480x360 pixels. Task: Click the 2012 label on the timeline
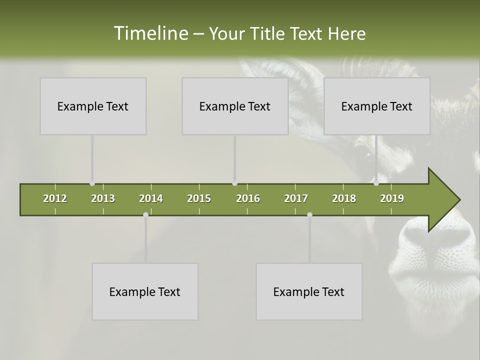[x=55, y=198]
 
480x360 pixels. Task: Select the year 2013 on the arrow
[x=103, y=198]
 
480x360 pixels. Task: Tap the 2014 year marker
[x=151, y=198]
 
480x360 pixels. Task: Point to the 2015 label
[x=199, y=198]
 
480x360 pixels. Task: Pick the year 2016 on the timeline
[x=248, y=198]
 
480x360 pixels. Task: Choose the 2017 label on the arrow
[x=296, y=198]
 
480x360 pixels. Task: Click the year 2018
[x=344, y=198]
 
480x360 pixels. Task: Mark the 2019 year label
[x=392, y=198]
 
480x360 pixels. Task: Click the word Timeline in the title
[x=150, y=33]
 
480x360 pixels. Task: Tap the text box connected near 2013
[x=93, y=106]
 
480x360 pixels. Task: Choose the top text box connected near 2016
[x=235, y=106]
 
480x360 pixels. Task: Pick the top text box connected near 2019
[x=377, y=106]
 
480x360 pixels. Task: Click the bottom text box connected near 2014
[x=145, y=291]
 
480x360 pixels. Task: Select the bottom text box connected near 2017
[x=309, y=291]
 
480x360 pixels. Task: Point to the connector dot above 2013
[x=92, y=183]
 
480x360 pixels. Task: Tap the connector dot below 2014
[x=145, y=214]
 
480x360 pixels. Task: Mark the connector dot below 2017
[x=309, y=214]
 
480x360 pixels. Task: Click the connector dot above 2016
[x=234, y=183]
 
